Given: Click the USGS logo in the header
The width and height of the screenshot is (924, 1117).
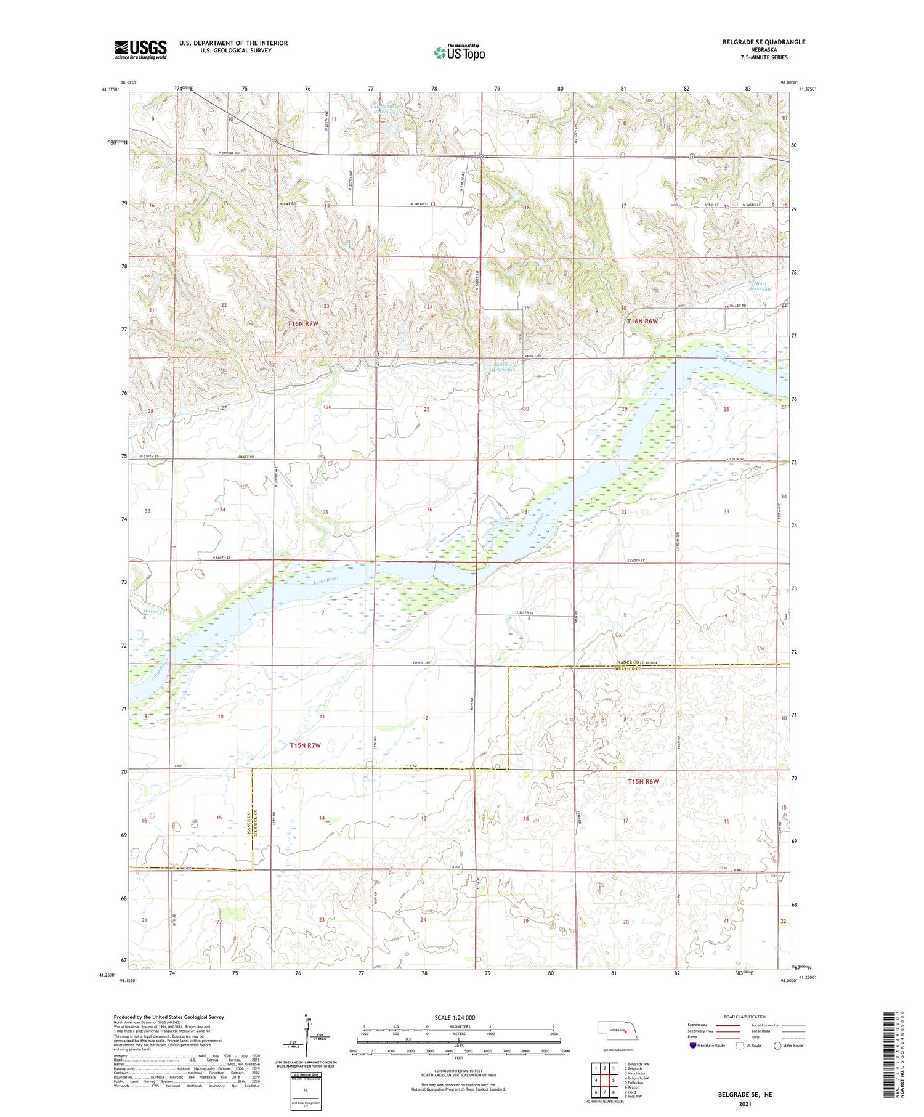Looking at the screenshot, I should click(140, 49).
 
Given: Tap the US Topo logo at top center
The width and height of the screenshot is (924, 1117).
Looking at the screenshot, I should click(459, 53).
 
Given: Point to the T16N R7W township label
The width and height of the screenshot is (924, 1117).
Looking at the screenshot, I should click(306, 323).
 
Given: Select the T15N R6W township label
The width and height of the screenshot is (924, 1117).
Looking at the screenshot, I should click(643, 781).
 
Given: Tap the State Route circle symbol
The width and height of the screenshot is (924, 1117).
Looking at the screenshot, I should click(778, 1045).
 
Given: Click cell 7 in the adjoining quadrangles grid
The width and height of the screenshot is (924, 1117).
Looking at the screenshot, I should click(596, 1092).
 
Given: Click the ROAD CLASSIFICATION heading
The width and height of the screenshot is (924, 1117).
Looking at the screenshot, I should click(745, 1017).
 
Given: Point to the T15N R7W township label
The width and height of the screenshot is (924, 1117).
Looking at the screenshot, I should click(306, 745).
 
